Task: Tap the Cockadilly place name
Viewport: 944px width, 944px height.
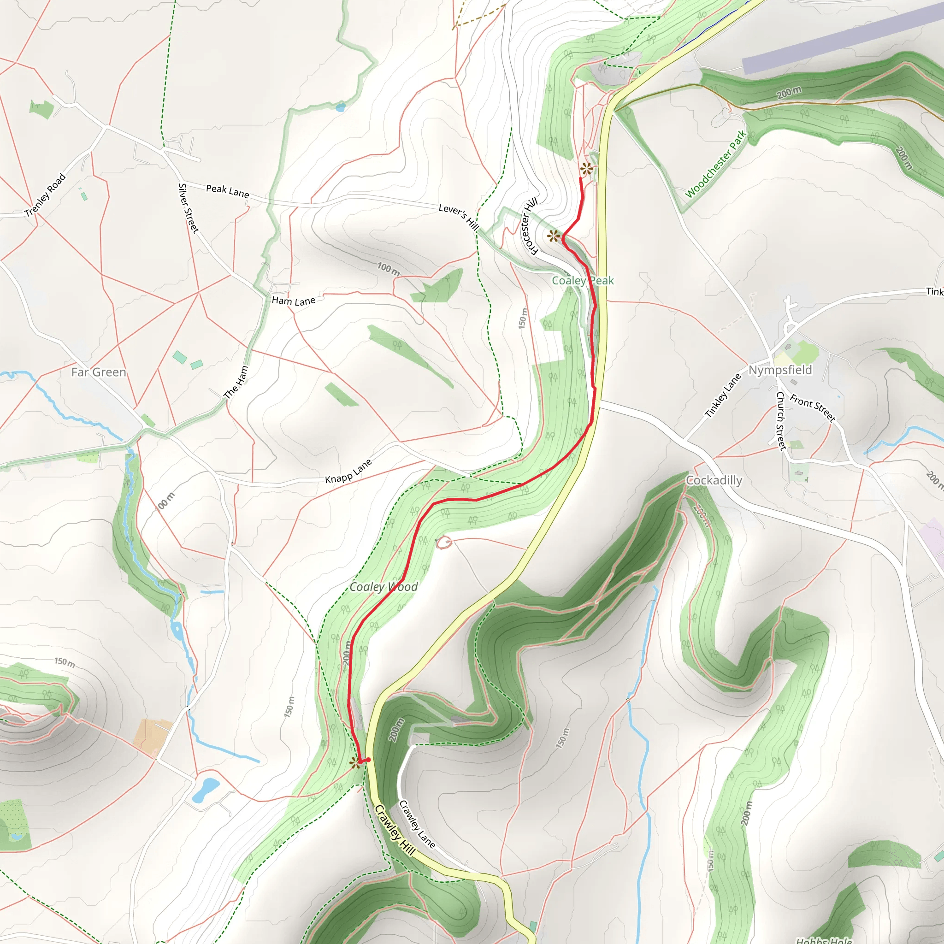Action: coord(714,480)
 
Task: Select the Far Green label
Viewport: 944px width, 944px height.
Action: coord(99,372)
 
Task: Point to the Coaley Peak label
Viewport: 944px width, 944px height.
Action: coord(583,280)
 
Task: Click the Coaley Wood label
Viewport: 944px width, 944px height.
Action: coord(383,586)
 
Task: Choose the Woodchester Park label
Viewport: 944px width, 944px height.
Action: coord(716,164)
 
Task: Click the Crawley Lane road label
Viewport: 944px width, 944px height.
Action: coord(417,824)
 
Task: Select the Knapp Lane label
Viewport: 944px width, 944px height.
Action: coord(348,471)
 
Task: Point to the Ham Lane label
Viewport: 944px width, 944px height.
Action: coord(294,301)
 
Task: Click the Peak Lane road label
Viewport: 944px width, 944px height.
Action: coord(227,190)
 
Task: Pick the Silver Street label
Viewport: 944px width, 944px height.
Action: coord(189,208)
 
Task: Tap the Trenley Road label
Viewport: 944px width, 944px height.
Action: coord(45,195)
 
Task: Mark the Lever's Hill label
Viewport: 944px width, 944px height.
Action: coord(458,217)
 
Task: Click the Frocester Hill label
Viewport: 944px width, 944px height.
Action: coord(530,226)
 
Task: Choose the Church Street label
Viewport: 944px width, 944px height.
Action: coord(781,420)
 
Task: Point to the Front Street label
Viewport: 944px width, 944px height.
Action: coord(813,408)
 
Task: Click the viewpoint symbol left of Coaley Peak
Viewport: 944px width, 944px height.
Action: coord(553,236)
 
